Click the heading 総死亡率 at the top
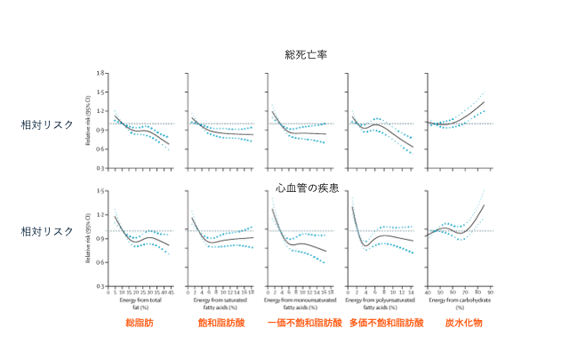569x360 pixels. [306, 55]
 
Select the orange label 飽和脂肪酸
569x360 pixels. [220, 323]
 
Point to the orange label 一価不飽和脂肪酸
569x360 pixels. [305, 323]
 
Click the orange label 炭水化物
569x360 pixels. [464, 323]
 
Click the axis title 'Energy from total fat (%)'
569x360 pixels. [138, 303]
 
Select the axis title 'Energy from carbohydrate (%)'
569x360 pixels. [460, 303]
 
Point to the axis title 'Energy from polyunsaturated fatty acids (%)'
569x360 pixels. [381, 303]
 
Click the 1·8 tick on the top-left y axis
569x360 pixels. [101, 72]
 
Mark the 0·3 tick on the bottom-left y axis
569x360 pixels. [101, 287]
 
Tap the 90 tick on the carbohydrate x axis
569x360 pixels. [490, 292]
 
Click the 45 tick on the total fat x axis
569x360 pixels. [169, 292]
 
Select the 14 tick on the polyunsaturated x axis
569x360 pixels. [411, 292]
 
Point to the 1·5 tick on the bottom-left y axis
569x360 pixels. [101, 190]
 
